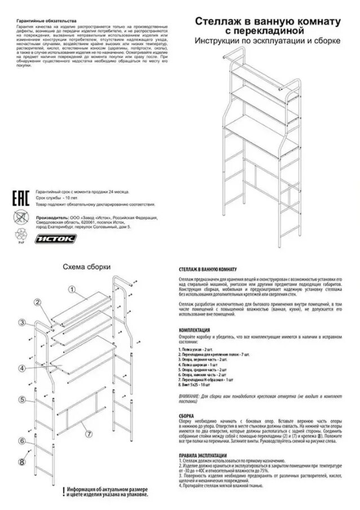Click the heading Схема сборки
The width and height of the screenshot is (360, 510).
[86, 267]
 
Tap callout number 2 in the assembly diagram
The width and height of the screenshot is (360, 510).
[38, 302]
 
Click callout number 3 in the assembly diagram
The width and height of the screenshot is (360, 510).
[21, 323]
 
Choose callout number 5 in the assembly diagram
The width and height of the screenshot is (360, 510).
[21, 399]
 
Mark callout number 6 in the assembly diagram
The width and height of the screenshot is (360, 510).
[21, 441]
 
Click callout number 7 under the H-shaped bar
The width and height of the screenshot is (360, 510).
[89, 434]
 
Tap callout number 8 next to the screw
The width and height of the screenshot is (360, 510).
[21, 461]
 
